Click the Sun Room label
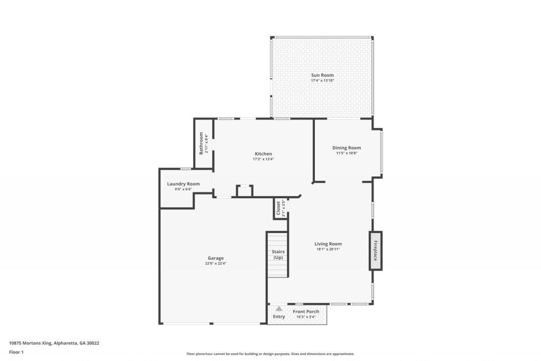(x=322, y=75)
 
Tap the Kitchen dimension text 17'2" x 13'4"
(x=263, y=159)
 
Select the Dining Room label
(x=347, y=147)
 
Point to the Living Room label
(x=328, y=244)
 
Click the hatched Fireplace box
(x=376, y=251)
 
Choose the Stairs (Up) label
(x=278, y=254)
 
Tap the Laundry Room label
(x=183, y=183)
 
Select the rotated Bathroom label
(x=201, y=143)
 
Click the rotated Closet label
(x=278, y=208)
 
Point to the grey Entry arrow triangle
(x=279, y=308)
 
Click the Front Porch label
(x=306, y=311)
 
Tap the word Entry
(x=279, y=317)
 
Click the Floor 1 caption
(x=16, y=351)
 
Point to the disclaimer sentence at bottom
(x=270, y=354)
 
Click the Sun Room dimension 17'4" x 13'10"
(x=322, y=80)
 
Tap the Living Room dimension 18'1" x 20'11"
(x=328, y=249)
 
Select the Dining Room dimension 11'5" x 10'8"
(x=347, y=153)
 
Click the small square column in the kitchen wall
(x=244, y=191)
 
